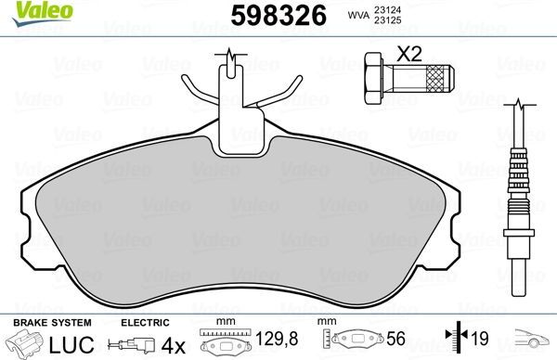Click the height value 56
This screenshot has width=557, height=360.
coord(396,341)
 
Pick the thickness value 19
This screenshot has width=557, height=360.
coord(482,341)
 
